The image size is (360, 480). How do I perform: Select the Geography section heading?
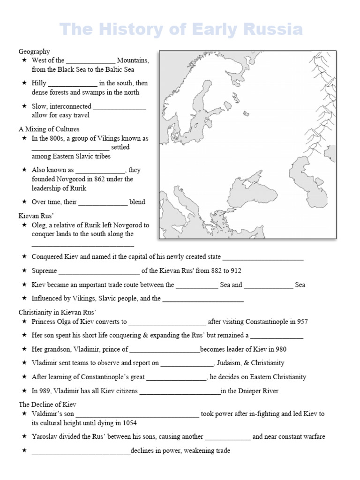pos(34,52)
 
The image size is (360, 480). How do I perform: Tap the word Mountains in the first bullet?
pos(133,60)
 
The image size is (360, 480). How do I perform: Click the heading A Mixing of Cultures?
pos(49,129)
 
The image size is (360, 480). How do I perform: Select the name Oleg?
pos(39,225)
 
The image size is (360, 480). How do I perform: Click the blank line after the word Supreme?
pos(99,271)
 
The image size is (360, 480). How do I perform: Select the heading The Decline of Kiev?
pos(47,404)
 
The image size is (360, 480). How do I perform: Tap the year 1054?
pos(129,422)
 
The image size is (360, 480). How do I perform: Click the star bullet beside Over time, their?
pos(24,202)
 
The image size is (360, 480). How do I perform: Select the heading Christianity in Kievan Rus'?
pos(57,312)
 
